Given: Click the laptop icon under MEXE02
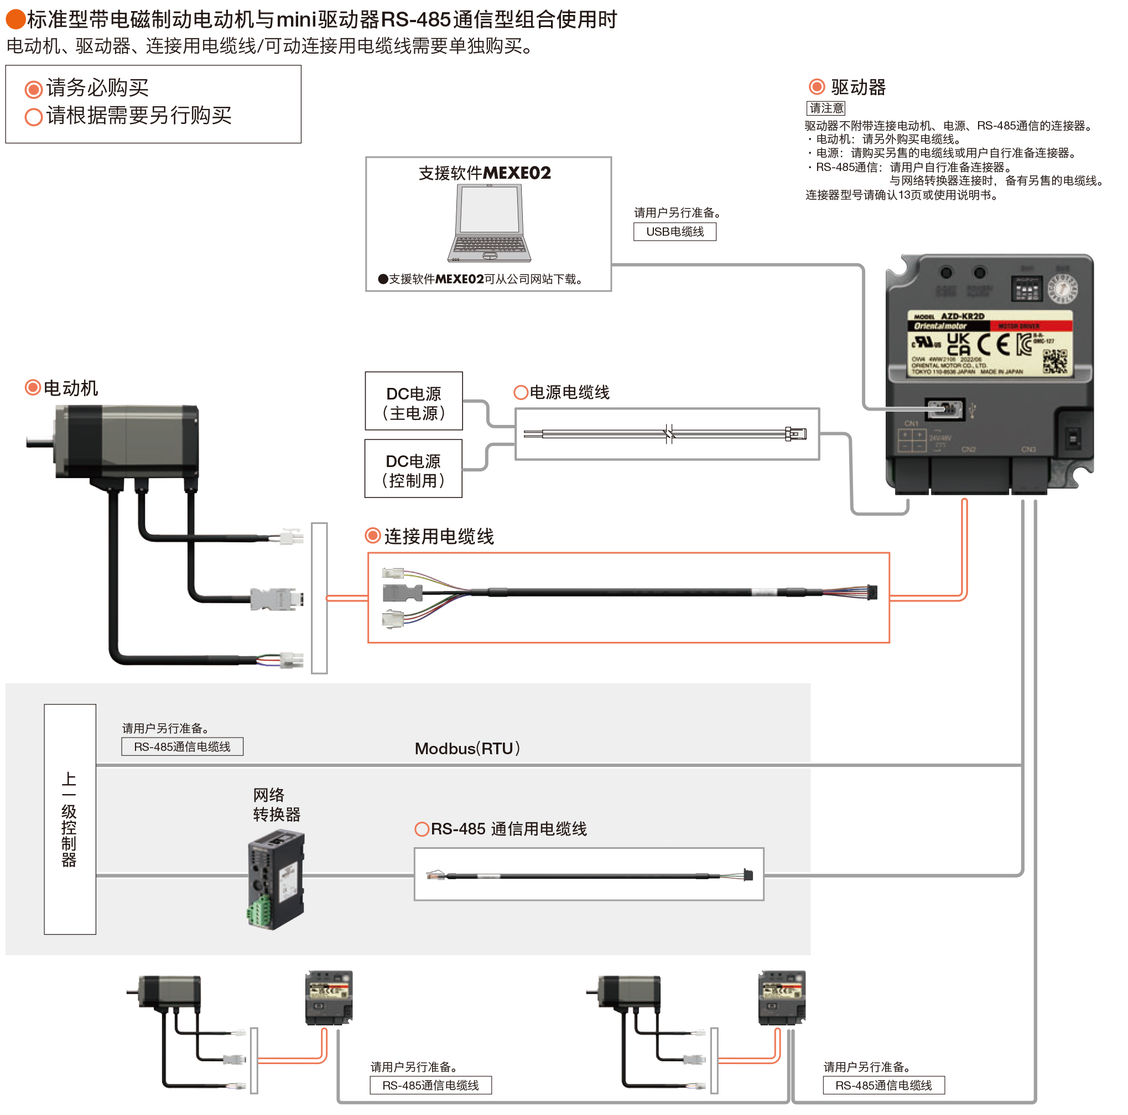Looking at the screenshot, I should click(x=489, y=223).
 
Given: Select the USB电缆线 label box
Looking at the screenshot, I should click(x=674, y=232).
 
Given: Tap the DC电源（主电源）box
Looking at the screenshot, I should click(x=413, y=402).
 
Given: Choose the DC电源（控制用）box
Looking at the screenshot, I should click(x=413, y=469).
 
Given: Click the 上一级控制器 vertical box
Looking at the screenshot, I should click(x=70, y=819).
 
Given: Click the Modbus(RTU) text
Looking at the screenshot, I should click(x=466, y=748).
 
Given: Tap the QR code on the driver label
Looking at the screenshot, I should click(x=1054, y=361).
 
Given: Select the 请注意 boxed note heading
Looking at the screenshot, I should click(x=825, y=108).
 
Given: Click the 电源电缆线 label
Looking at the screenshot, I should click(x=569, y=392).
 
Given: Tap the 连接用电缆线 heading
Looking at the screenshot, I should click(x=439, y=536).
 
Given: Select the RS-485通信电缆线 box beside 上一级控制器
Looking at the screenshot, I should click(x=182, y=746).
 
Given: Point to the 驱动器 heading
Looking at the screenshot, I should click(x=857, y=87).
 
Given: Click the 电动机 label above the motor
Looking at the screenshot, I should click(x=70, y=388).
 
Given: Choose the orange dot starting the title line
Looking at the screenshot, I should click(x=15, y=19).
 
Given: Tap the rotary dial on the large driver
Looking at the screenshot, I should click(x=1063, y=289).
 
